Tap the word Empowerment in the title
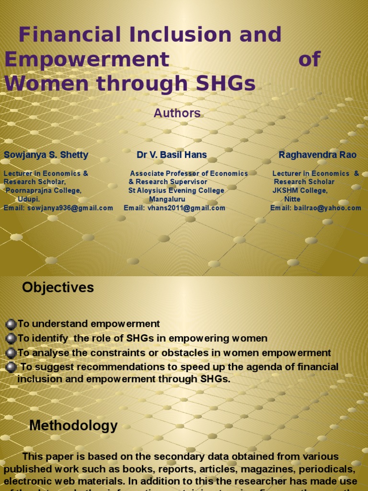(87, 59)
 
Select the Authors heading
(177, 113)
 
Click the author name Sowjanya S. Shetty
(46, 155)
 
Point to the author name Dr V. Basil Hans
(172, 155)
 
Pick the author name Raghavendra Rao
(317, 155)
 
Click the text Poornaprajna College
(44, 191)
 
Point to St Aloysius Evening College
(176, 191)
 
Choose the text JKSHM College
(300, 191)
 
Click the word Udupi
(29, 199)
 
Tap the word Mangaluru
(167, 199)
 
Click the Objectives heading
(58, 288)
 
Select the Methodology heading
(73, 426)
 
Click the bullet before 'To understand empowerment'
(11, 325)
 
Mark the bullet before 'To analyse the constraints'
(11, 353)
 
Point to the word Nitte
(292, 199)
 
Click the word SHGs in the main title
(224, 83)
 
